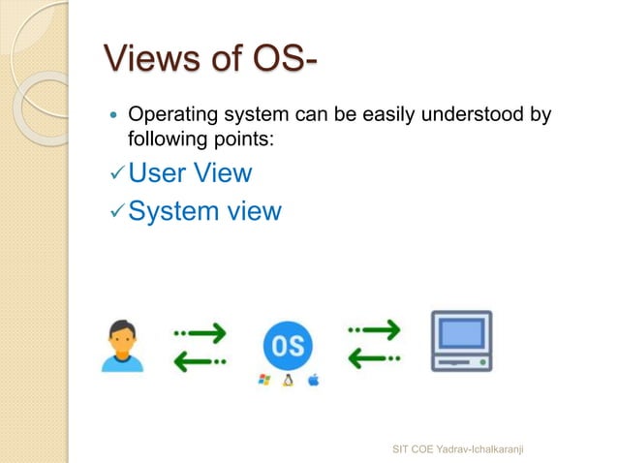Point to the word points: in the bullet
(242, 139)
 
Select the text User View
(190, 173)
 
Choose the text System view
(204, 210)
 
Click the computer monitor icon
(461, 340)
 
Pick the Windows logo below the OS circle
(263, 381)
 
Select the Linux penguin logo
(288, 381)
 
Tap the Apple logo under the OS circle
(313, 381)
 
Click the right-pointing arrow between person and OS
(201, 332)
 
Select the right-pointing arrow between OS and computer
(374, 332)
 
